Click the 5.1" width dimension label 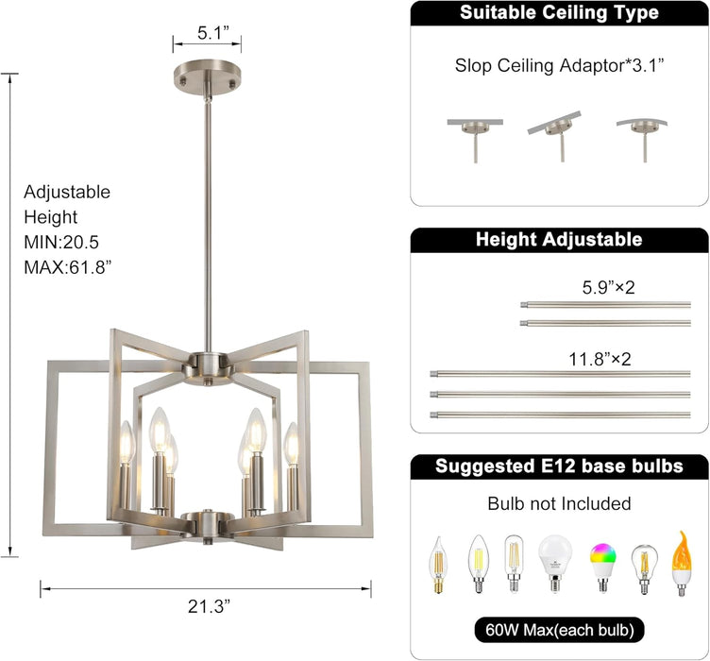(x=207, y=32)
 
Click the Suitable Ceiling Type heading (x=559, y=13)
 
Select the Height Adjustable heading (x=559, y=240)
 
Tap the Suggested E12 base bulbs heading (x=559, y=466)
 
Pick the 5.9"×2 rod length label (x=609, y=287)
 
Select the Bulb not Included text (x=560, y=504)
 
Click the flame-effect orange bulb (x=681, y=562)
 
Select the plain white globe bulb (x=554, y=562)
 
